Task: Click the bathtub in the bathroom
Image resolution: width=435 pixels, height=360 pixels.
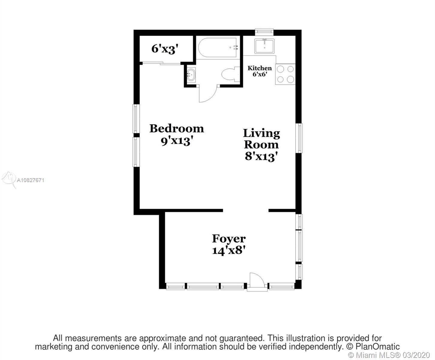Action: coord(218,47)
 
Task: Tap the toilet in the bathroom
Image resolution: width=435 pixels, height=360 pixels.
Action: coord(230,74)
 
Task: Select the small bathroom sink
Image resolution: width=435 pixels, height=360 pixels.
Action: coord(191,74)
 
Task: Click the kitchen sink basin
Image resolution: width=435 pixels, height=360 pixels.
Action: coord(264,46)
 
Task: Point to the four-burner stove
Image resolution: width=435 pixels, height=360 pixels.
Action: coord(285,74)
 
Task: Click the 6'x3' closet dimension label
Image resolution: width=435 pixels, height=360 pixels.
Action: coord(165,49)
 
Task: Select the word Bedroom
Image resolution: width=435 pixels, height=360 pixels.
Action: coord(177,128)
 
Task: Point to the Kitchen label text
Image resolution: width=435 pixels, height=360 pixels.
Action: coord(260,68)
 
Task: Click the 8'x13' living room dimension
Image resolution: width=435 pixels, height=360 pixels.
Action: coord(261,156)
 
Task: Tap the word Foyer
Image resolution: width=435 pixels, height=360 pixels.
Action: coord(229,239)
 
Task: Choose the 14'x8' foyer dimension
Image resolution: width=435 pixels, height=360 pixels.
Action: coord(228,250)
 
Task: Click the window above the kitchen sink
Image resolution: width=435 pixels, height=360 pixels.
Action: coord(264,31)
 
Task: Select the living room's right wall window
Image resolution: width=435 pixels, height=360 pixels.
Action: coord(299,138)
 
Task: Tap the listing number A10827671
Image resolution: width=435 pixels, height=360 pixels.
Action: coord(30,180)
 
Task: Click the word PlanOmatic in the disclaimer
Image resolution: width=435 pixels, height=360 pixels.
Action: coord(377,346)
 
